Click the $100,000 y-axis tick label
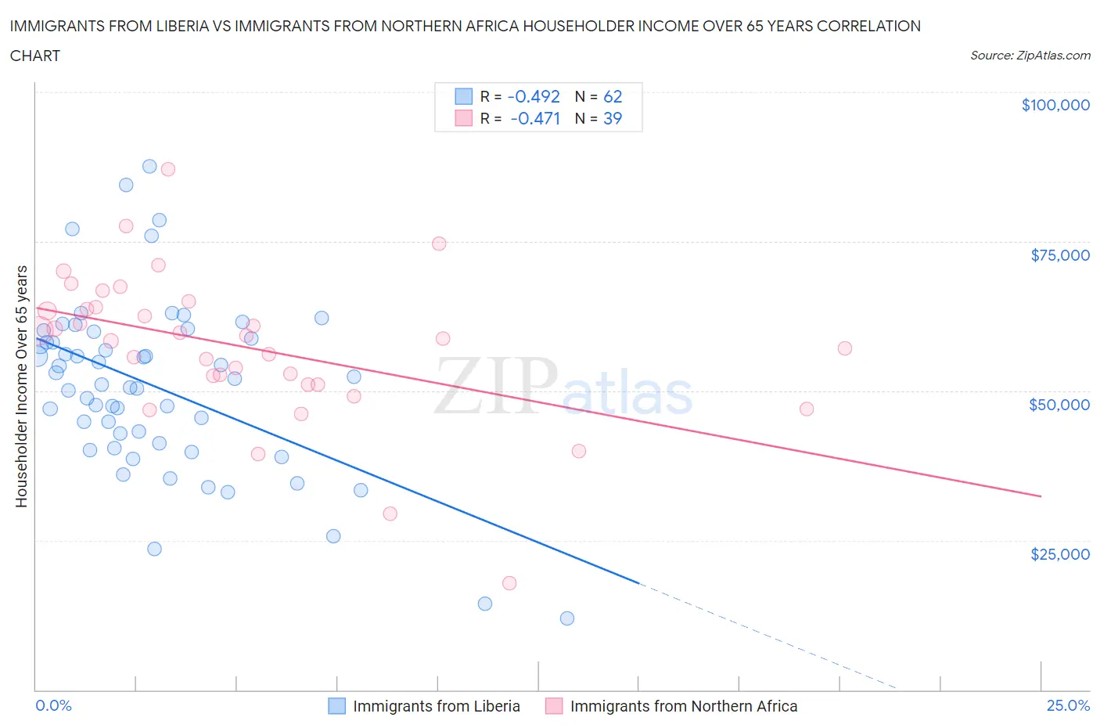[1055, 105]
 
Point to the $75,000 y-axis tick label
[1059, 254]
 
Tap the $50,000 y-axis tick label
[1059, 404]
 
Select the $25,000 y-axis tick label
[1059, 553]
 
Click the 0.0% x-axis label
[53, 705]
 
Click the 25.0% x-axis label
[1068, 705]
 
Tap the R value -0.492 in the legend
[534, 96]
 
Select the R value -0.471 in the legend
[535, 118]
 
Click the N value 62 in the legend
[613, 96]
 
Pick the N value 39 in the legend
[613, 118]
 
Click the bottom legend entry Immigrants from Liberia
[436, 706]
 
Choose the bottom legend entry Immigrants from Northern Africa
[683, 706]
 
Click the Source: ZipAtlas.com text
[1030, 55]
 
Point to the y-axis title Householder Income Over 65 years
[22, 386]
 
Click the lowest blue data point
[567, 618]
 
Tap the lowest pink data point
[509, 583]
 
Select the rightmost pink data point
[844, 348]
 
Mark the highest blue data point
[149, 166]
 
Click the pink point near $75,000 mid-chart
[439, 243]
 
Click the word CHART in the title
[35, 56]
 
